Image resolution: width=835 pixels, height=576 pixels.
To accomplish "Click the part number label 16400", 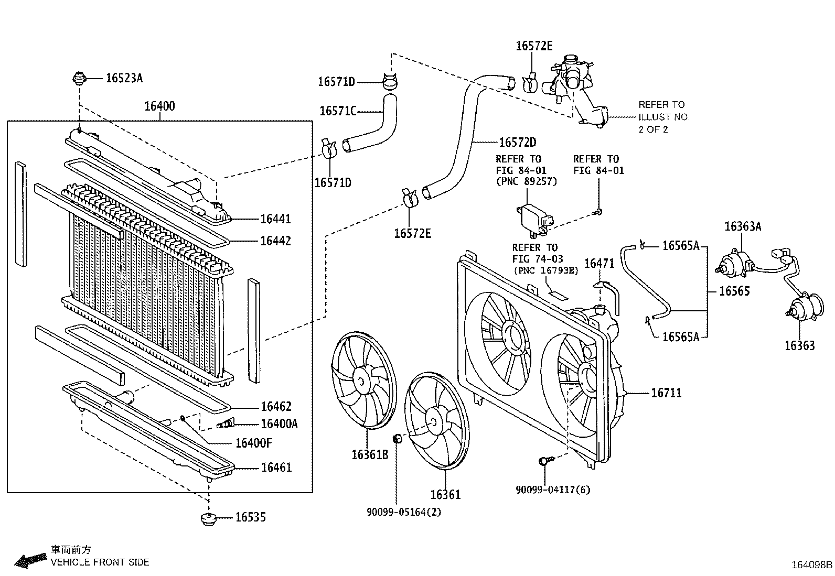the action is coord(159,106).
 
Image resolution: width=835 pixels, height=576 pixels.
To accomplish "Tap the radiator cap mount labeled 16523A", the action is coord(79,78).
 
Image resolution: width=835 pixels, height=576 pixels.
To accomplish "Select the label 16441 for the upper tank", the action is coord(275,219).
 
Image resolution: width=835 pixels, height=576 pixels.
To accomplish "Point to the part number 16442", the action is coord(275,241).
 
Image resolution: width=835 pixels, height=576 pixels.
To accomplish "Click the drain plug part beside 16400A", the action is coord(226,423).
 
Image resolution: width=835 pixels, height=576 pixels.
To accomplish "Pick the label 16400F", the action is coord(254,443).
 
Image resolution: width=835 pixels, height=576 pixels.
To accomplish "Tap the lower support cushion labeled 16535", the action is coord(209,519).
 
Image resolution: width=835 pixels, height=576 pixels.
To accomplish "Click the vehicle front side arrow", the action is coord(30,561).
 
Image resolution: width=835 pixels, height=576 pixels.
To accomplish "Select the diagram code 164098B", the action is coord(811,565).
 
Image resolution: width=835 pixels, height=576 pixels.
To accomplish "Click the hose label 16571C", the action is coord(338,111).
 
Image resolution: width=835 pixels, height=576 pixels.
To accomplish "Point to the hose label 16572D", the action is coord(518,143).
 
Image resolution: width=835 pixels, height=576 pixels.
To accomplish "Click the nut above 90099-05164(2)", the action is coord(398,439).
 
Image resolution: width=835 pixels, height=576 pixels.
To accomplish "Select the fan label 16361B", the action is coord(370,454).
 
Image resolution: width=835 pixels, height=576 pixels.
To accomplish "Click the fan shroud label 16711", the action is coord(667,393).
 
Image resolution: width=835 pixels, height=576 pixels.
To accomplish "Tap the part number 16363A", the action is coord(743,226).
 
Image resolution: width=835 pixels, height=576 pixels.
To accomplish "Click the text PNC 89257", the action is coord(527,181).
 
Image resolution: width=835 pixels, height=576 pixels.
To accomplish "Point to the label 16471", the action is coord(599,264).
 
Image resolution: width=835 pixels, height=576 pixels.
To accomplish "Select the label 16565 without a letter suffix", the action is coord(734,291).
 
